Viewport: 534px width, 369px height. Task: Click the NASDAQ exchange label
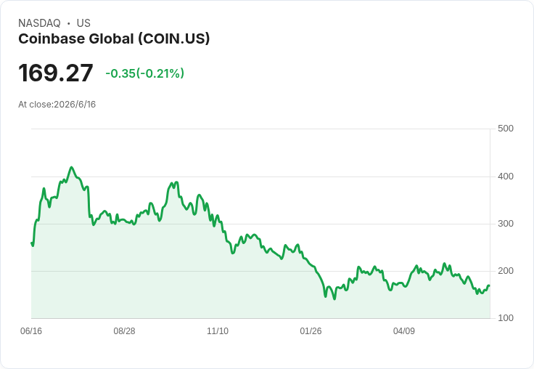coord(39,23)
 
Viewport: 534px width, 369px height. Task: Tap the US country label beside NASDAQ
coord(83,23)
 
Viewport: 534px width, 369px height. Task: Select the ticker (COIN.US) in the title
coord(173,39)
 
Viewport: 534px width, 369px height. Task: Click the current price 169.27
coord(56,73)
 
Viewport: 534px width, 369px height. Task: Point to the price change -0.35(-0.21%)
coord(144,73)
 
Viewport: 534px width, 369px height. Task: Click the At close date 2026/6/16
coord(75,105)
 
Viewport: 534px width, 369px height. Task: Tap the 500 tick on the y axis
coord(506,129)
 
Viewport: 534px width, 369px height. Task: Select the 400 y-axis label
coord(506,177)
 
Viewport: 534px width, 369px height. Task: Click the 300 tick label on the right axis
coord(506,224)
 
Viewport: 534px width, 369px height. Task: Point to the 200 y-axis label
coord(506,271)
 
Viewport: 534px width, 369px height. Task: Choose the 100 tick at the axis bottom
coord(506,318)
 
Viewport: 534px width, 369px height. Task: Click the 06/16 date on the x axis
coord(31,331)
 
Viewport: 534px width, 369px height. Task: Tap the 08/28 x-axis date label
coord(124,331)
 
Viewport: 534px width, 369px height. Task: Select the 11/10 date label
coord(218,331)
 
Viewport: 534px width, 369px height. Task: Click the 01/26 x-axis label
coord(311,331)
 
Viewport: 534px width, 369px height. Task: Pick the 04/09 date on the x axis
coord(404,331)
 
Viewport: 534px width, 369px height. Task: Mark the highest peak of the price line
coord(71,167)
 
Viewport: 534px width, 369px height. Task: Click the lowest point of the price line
coord(334,299)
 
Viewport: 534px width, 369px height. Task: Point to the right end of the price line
coord(490,285)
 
